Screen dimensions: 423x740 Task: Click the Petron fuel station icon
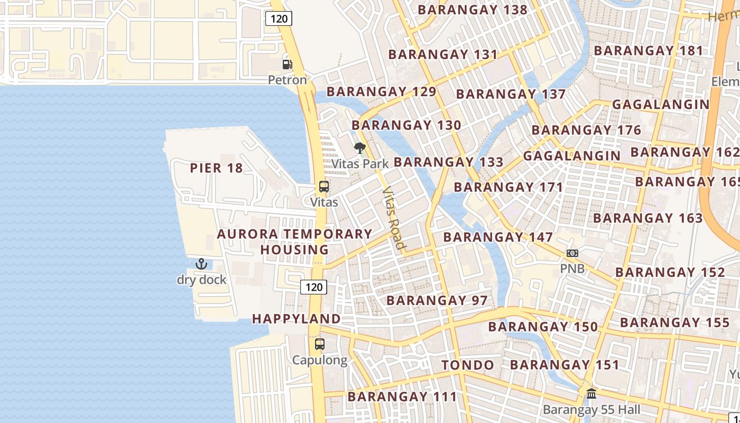287,65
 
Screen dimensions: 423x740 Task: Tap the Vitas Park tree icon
360,148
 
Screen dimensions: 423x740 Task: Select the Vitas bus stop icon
324,187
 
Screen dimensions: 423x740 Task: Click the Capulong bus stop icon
320,344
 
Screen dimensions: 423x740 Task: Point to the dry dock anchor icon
201,264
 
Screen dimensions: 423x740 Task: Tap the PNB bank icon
572,253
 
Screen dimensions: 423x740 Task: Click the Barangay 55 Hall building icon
591,394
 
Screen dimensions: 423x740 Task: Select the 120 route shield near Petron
279,19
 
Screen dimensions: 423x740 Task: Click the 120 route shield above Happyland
314,287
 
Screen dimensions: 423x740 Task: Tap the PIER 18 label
216,168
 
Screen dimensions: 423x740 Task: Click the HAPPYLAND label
296,319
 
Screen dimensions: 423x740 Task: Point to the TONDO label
468,365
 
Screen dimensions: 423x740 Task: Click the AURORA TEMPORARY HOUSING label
295,242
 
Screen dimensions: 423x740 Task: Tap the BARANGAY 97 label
437,300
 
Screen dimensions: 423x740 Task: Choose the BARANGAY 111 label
402,397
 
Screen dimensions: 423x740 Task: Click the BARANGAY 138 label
473,10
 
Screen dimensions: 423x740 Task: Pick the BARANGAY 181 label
649,51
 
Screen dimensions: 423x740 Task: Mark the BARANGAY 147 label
498,237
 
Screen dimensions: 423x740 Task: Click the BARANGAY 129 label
381,91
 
